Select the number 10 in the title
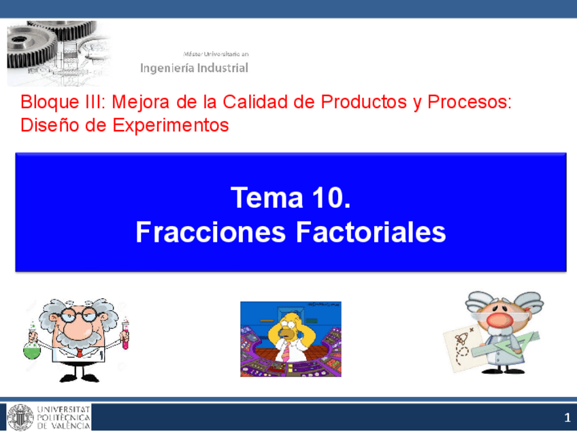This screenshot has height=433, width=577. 331,198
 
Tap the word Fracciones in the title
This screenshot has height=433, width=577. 211,232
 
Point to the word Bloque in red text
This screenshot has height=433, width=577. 44,103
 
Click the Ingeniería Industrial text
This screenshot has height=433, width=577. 195,68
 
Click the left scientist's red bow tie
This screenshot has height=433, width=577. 80,353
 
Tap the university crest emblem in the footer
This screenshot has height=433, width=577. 20,417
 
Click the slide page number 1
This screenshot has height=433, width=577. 566,417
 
